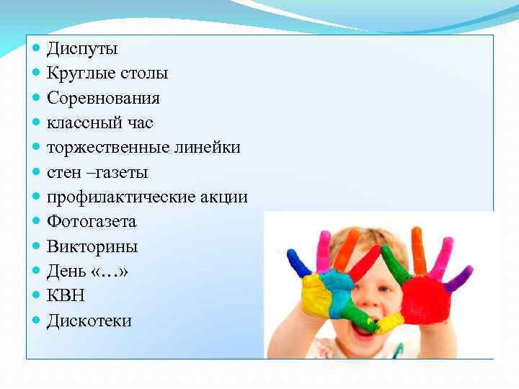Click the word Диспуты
point(82,50)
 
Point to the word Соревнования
point(103,98)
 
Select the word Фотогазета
point(92,222)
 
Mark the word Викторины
point(92,247)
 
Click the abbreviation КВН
point(66,296)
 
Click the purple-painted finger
point(459,277)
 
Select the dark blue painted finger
point(296,264)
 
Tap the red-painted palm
point(426,300)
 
